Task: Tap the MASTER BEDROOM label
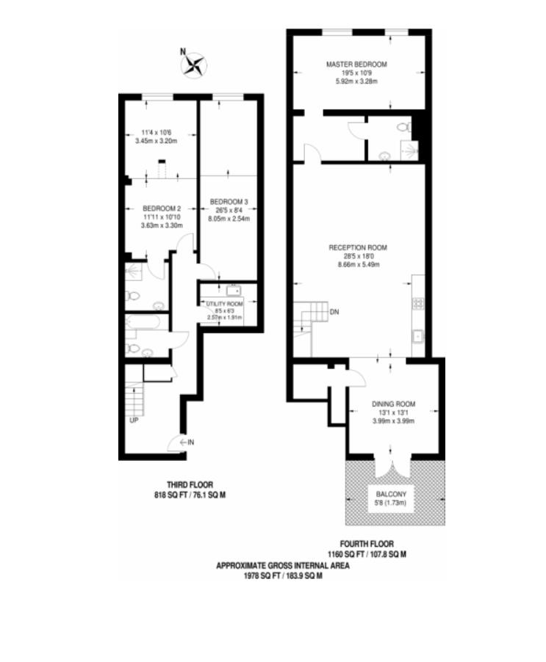pos(356,65)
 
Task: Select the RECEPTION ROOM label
pos(358,247)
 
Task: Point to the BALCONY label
pos(391,495)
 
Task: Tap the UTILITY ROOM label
pos(223,302)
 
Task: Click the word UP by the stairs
pos(134,421)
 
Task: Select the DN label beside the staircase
pos(334,311)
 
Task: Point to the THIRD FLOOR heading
pos(189,485)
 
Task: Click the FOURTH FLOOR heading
pos(366,545)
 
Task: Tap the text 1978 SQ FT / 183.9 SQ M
pos(283,576)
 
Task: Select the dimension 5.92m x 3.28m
pos(356,81)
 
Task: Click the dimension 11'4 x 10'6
pos(156,133)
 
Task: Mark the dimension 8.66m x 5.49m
pos(358,265)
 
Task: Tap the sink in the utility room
pos(233,291)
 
